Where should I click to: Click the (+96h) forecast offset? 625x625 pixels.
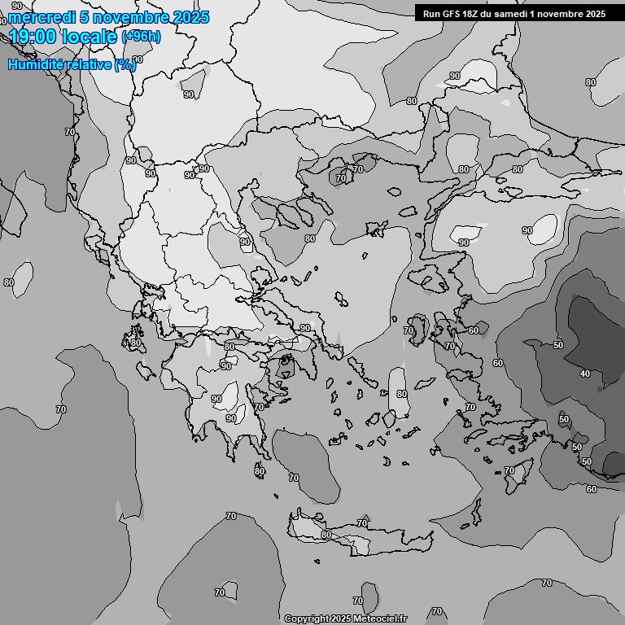coord(140,37)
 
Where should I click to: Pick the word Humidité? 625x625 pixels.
coord(36,64)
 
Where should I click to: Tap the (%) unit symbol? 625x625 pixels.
coord(125,64)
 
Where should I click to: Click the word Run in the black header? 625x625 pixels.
coord(431,14)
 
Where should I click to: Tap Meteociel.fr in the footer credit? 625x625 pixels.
coord(381,619)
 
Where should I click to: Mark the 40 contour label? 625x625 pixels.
coord(584,374)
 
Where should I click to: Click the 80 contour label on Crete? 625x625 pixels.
coord(326,535)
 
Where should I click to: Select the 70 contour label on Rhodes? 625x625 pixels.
coord(509,470)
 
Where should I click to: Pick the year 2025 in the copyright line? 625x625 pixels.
coord(343,619)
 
